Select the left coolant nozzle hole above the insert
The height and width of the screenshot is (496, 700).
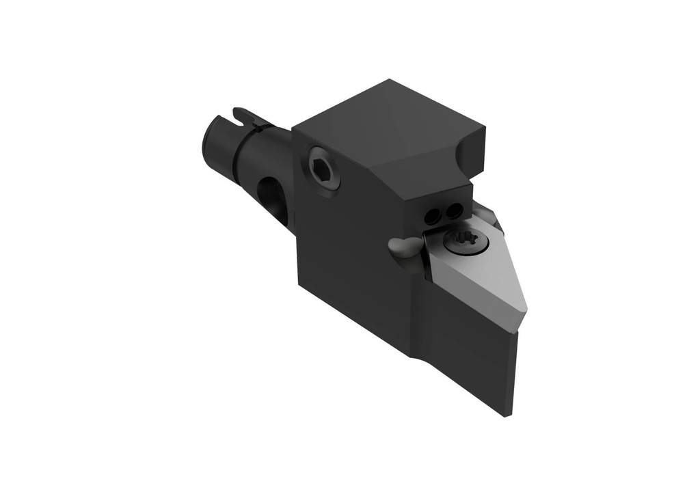click(432, 217)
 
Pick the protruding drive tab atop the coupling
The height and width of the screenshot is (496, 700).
click(247, 116)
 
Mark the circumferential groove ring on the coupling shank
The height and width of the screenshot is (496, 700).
click(236, 147)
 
